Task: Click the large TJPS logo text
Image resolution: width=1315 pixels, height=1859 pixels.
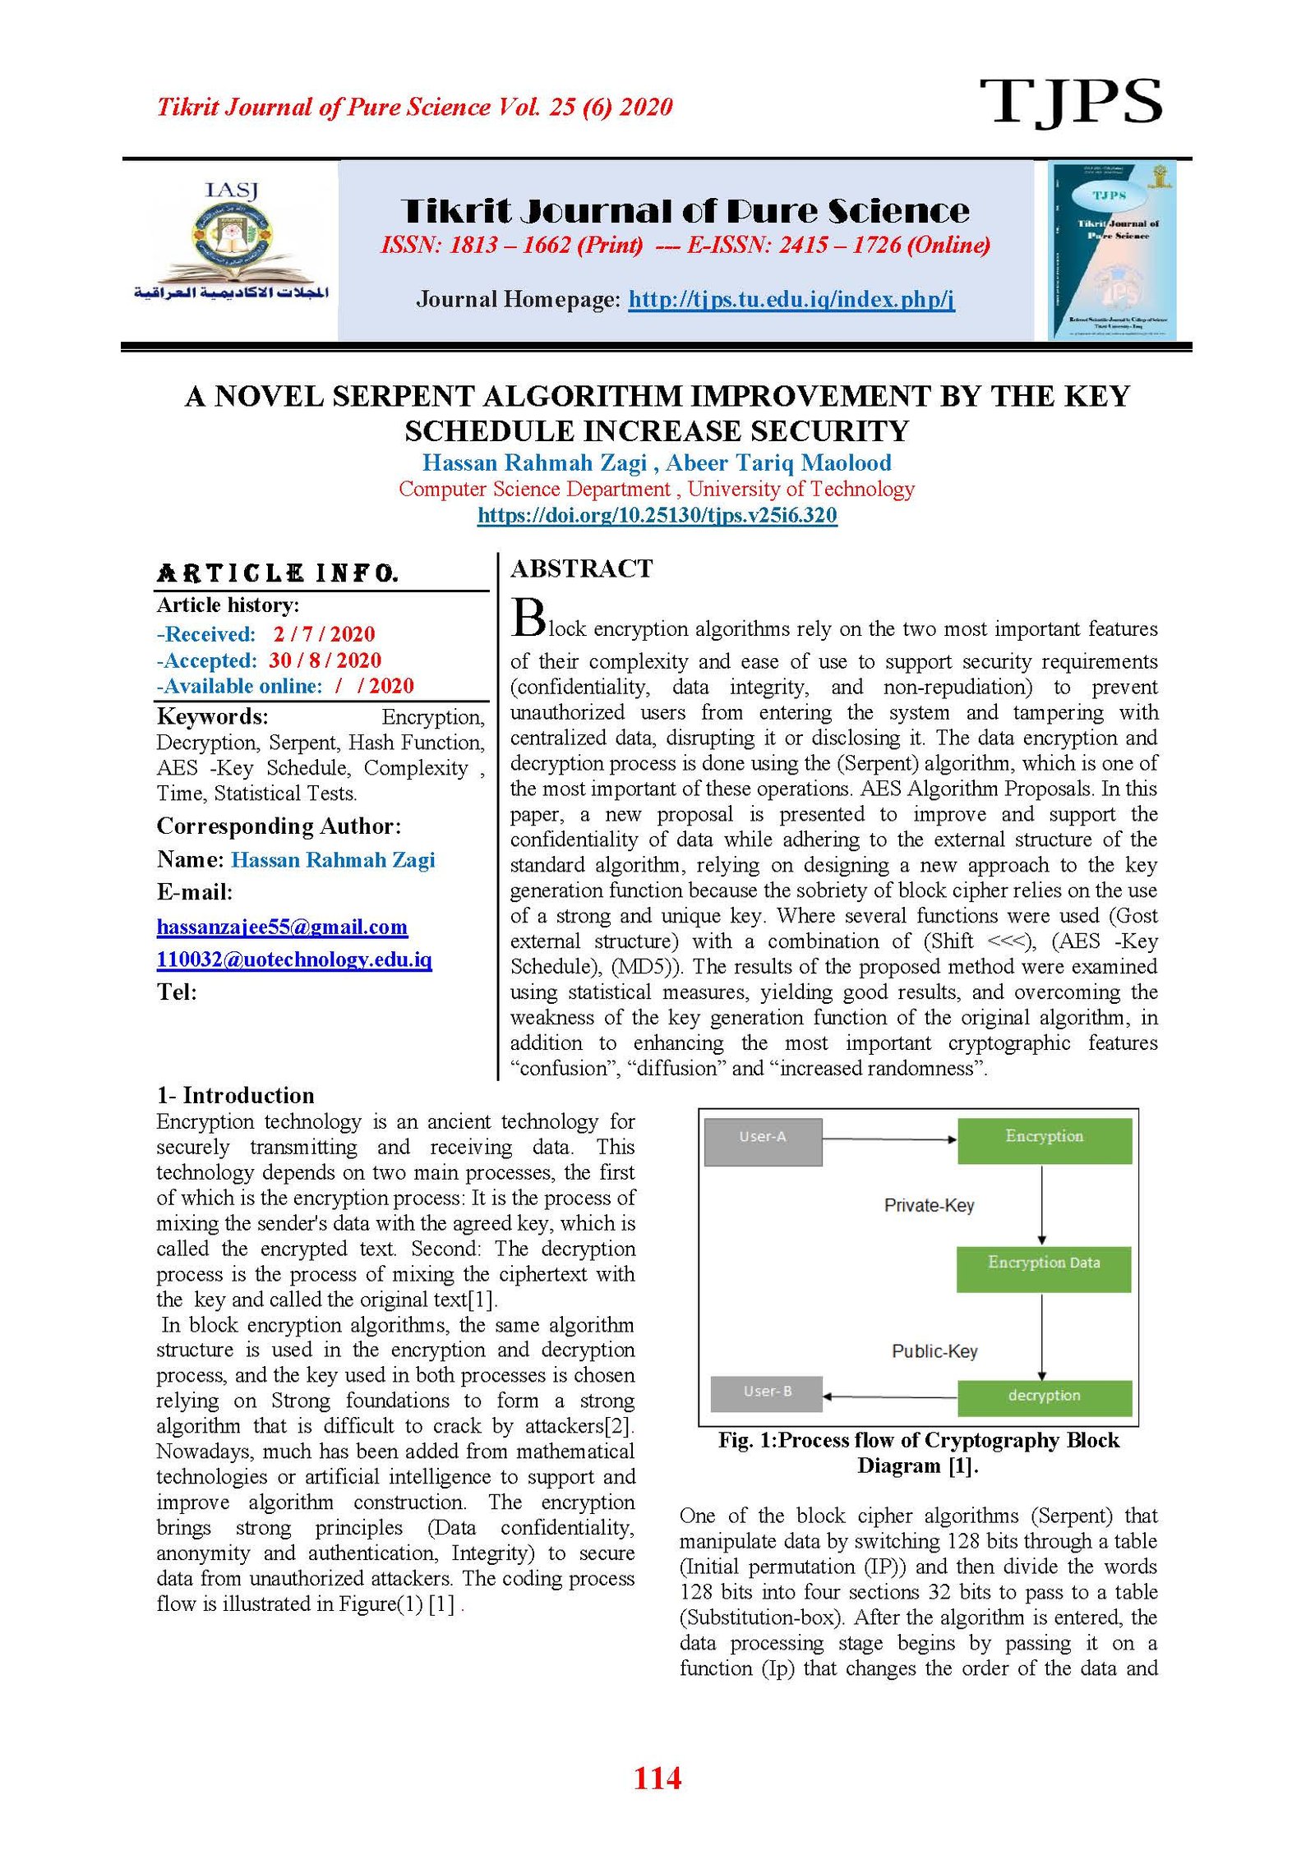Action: [1070, 102]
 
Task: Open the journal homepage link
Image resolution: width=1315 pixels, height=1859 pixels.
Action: [791, 299]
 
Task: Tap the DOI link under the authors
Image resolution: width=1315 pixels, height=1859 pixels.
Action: [657, 515]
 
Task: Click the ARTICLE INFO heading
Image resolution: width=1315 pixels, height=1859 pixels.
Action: [278, 573]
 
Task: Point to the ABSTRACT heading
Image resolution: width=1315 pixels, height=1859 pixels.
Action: [581, 568]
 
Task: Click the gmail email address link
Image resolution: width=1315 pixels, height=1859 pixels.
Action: [282, 927]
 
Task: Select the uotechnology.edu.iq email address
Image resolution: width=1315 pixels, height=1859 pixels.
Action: [294, 959]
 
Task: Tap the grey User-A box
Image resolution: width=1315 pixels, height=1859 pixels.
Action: [763, 1141]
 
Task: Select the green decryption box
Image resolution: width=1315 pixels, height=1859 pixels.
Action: [1044, 1397]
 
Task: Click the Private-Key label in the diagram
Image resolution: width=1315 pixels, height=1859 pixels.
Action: [929, 1205]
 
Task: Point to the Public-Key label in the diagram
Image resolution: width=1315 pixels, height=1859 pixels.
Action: [934, 1351]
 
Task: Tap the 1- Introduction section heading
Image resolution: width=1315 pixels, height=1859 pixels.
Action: [236, 1095]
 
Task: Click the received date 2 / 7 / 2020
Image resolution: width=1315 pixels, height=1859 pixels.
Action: [324, 634]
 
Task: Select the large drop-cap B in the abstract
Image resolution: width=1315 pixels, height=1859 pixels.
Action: [528, 619]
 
